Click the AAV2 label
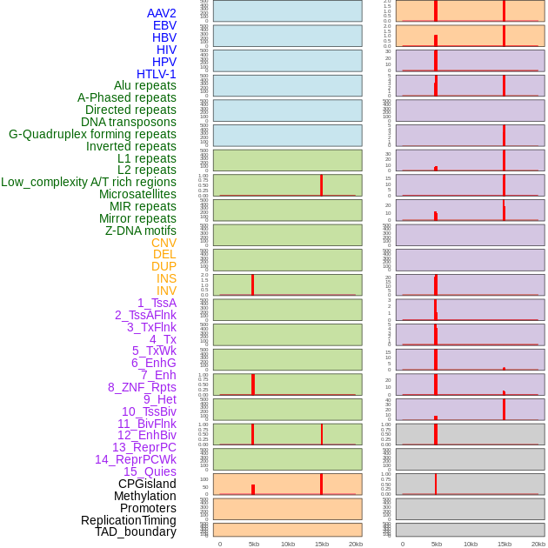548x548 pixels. coord(161,13)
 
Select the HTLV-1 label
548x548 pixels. coord(156,74)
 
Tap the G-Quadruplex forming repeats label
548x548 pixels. coord(92,134)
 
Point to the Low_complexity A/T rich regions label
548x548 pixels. coord(88,182)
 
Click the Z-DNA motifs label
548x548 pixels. coord(140,231)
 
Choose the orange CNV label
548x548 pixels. coord(164,243)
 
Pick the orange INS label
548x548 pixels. coord(166,278)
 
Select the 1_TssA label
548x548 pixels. coord(157,303)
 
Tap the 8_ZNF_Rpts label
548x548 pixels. coord(142,387)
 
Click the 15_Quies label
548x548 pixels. coord(150,471)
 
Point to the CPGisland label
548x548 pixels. coord(147,484)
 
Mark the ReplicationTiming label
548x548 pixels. coord(128,520)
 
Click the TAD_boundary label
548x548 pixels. coord(135,531)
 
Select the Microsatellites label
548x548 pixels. coord(137,194)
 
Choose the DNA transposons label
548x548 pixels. coord(129,122)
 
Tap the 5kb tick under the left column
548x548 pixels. coord(254,544)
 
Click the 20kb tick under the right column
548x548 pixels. coord(538,544)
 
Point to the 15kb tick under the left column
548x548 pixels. coord(322,544)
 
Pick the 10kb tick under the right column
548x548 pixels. coord(471,544)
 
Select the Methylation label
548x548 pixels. coord(144,496)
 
